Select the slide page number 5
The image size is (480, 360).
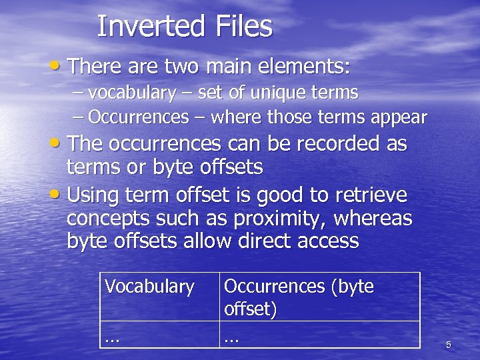pyautogui.click(x=448, y=345)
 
